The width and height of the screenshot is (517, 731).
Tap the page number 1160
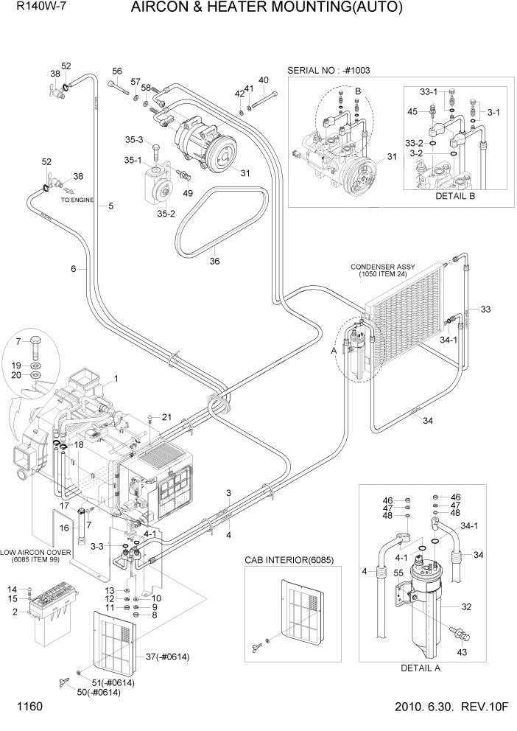click(26, 707)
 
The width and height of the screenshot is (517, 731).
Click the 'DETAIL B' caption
click(456, 197)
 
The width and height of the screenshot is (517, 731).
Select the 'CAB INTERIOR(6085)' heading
click(289, 560)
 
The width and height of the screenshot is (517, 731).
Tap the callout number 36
click(214, 260)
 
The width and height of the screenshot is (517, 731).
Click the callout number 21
click(166, 417)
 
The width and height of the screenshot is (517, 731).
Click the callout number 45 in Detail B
click(413, 111)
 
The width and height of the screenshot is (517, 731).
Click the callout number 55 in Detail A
click(398, 573)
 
